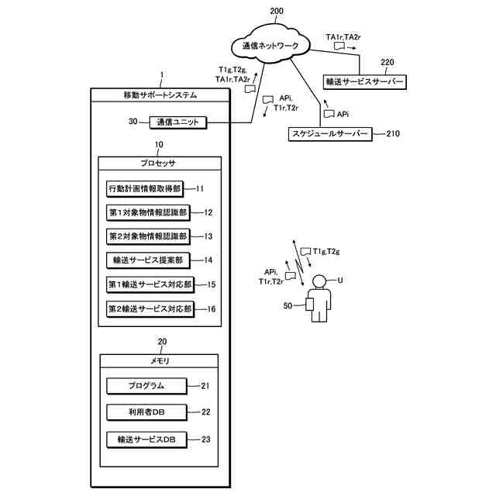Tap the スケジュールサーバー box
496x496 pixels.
point(329,133)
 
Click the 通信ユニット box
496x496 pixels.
point(179,122)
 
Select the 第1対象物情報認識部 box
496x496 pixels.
point(147,212)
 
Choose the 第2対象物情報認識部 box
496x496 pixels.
point(147,236)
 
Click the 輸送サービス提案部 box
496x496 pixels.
point(146,261)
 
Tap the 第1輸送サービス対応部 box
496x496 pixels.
point(150,284)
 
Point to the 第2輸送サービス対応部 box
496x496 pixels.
point(150,308)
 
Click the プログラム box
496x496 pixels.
point(146,386)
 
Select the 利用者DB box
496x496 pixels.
point(146,412)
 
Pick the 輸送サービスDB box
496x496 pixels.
point(146,439)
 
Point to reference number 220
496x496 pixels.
point(387,62)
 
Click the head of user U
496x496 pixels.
point(319,282)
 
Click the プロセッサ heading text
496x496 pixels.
point(160,164)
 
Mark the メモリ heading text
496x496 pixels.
point(160,362)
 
